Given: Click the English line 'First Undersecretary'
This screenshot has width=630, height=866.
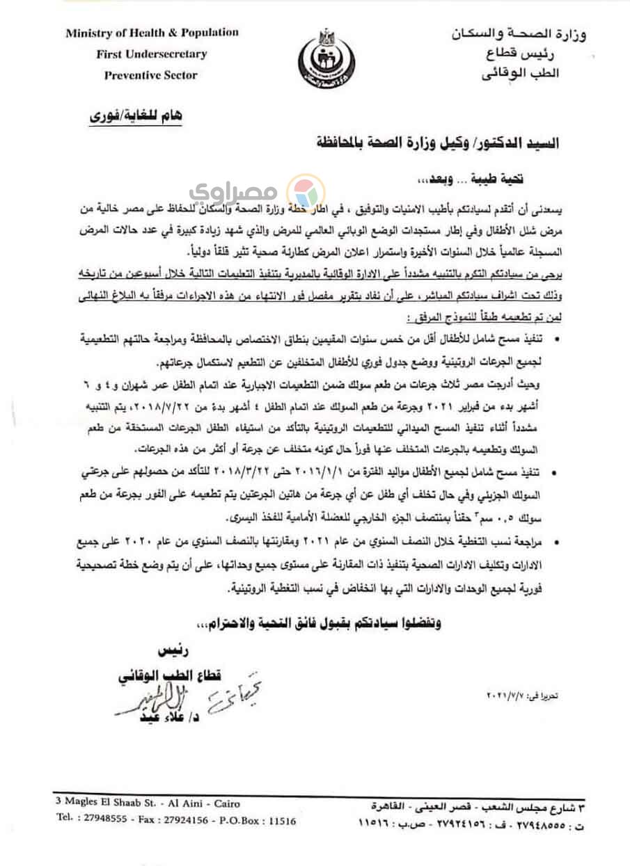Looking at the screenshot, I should point(152,54).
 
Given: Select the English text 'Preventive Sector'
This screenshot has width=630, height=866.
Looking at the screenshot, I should point(150,75).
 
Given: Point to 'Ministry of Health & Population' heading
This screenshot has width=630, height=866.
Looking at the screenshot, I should point(152,33).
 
